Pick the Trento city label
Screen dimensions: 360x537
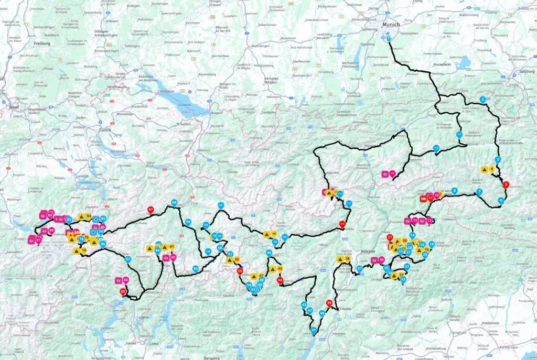(x=345, y=309)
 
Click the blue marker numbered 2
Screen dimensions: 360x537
(x=482, y=100)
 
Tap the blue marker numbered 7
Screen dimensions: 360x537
(x=479, y=192)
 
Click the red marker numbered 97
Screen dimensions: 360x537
(x=151, y=210)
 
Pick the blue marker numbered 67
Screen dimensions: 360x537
(x=128, y=258)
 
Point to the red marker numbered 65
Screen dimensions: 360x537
(x=123, y=291)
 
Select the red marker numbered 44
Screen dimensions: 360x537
(x=280, y=280)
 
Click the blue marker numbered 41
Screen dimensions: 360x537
(x=314, y=330)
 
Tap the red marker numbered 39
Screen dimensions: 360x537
(x=329, y=303)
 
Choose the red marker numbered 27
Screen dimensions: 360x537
(x=390, y=237)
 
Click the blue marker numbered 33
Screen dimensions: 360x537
(x=403, y=279)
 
